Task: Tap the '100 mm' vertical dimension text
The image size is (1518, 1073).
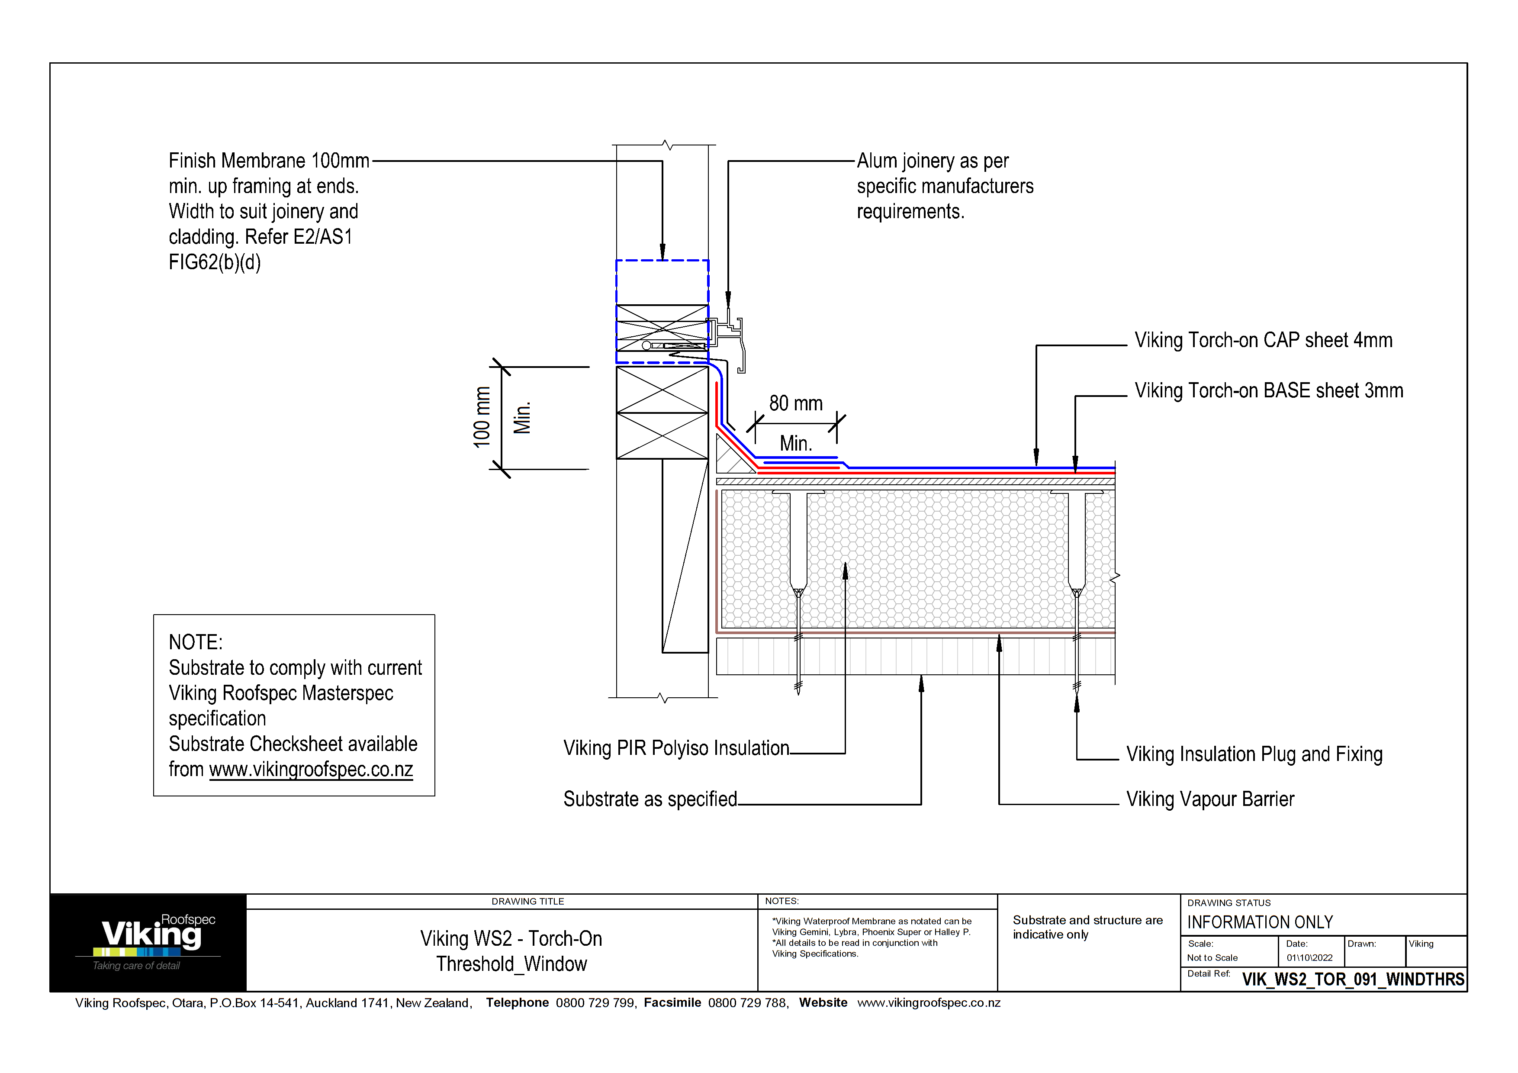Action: pos(482,417)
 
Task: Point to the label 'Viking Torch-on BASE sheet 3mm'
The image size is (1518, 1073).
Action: pos(1268,391)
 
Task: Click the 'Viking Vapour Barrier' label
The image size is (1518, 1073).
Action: pos(1210,799)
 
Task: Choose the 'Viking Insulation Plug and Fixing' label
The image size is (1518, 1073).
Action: pos(1254,754)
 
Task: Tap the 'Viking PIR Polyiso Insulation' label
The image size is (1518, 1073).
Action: pos(675,748)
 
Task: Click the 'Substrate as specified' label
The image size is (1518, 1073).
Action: pos(650,799)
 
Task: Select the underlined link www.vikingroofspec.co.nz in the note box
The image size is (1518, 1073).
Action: pos(311,770)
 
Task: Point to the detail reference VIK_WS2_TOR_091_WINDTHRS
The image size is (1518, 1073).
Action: pos(1353,979)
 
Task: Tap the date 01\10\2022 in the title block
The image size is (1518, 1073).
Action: pos(1309,958)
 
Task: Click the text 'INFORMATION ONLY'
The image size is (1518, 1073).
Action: pos(1260,922)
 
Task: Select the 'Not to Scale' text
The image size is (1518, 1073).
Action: pos(1212,958)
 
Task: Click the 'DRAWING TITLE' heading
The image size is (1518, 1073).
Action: pos(527,902)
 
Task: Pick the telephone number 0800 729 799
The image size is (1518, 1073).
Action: pos(595,1003)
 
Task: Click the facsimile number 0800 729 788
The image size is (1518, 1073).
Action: pos(747,1003)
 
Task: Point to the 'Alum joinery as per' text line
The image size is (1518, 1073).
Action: pos(932,161)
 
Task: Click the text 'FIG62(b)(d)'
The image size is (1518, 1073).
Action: pos(215,262)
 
